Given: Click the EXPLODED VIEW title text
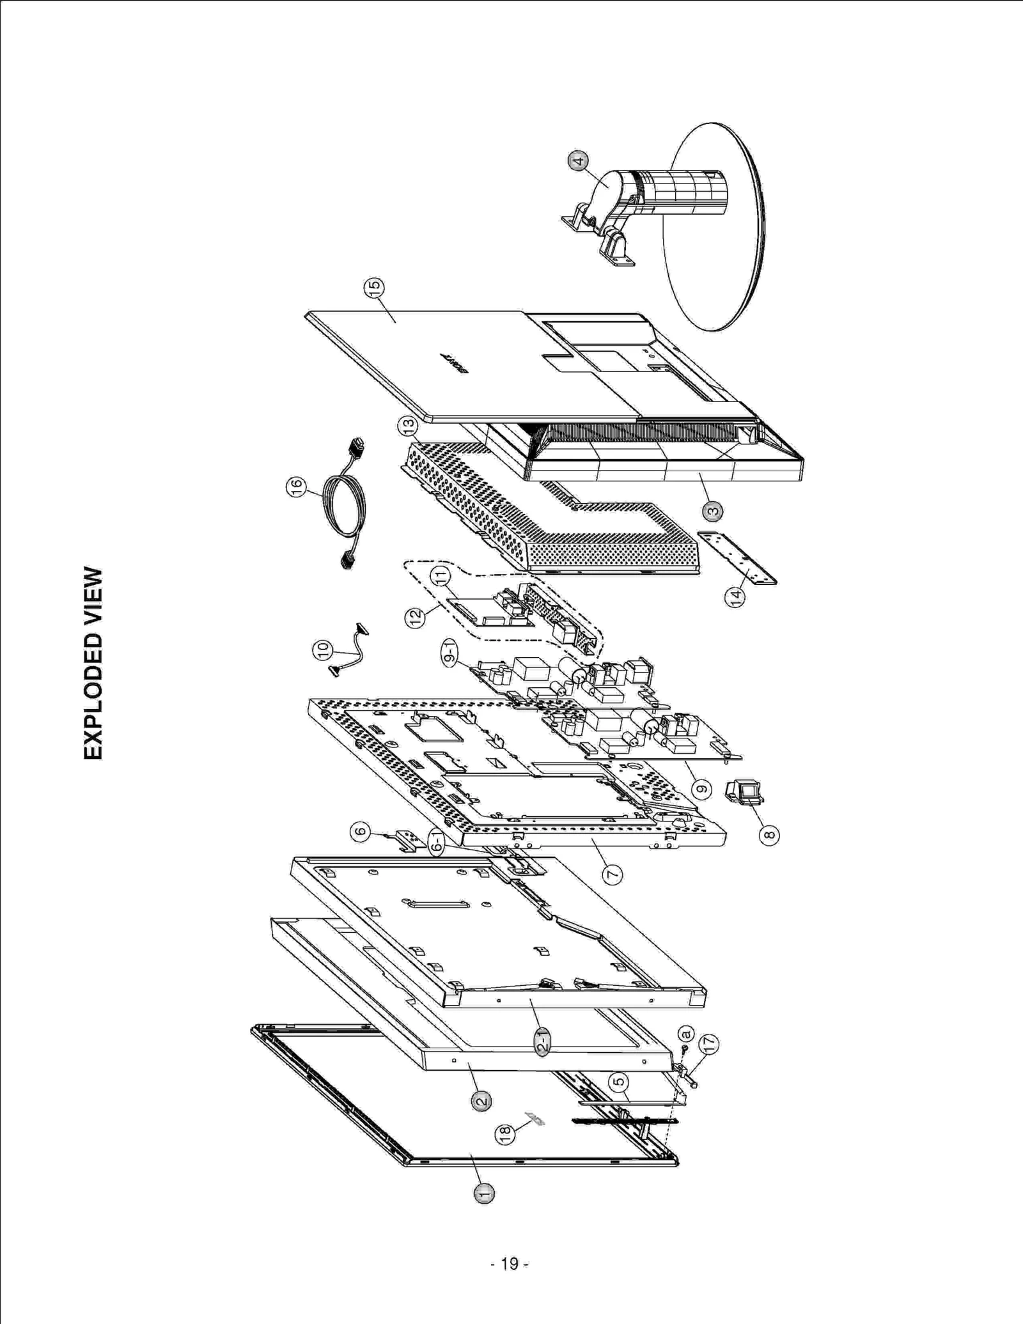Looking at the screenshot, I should [93, 663].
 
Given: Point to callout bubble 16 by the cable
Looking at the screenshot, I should [296, 486].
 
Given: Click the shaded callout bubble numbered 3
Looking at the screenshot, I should [713, 511].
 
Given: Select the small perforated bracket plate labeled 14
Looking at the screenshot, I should [737, 558].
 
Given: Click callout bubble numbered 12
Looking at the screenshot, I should [416, 617].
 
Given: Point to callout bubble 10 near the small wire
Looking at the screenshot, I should [323, 650].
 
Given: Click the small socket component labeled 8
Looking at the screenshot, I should [746, 792].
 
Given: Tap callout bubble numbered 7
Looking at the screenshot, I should [613, 873].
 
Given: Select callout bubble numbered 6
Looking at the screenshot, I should [361, 831].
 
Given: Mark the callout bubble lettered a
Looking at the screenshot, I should [685, 1033].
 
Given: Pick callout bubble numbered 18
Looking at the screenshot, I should [505, 1134].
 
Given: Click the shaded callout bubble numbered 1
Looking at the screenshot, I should [484, 1193].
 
